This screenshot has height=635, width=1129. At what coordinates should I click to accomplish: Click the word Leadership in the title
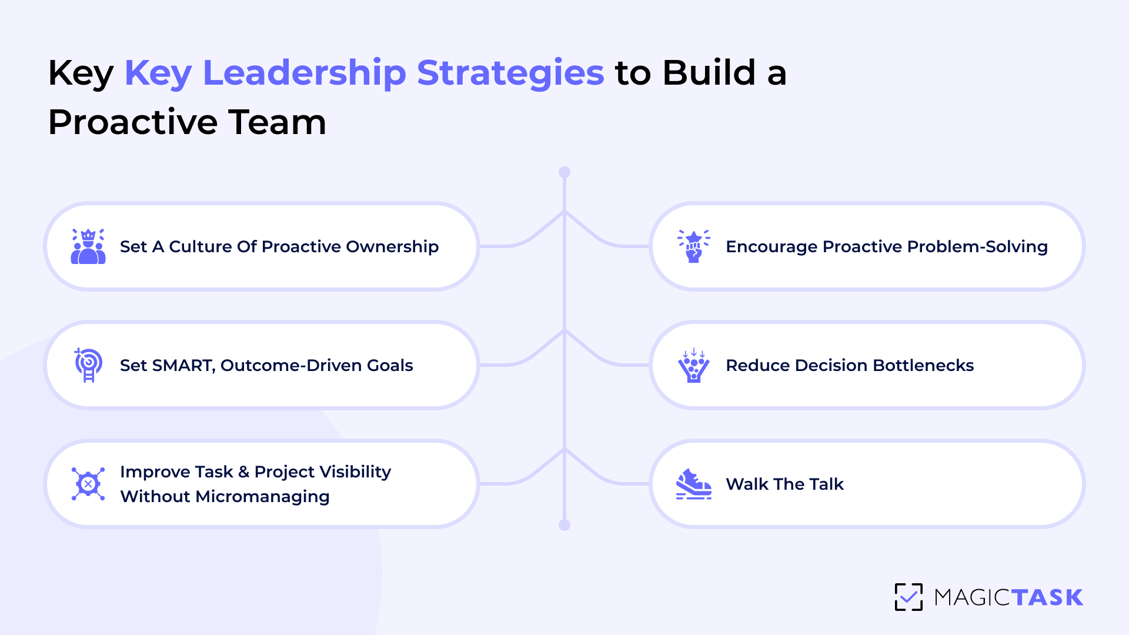point(304,73)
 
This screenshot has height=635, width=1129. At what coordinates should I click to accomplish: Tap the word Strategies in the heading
point(510,73)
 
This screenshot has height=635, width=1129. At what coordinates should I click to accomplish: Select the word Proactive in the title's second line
point(133,122)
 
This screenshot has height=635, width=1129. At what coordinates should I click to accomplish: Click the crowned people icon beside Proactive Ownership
point(88,246)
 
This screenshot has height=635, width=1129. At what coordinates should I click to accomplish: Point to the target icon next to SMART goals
point(88,365)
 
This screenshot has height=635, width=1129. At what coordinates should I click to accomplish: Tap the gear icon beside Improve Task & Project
point(88,484)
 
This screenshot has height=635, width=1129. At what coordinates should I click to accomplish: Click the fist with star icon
point(694,246)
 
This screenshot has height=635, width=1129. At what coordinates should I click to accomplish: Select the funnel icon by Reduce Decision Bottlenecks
point(694,365)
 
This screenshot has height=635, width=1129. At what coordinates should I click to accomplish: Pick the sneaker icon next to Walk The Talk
point(694,484)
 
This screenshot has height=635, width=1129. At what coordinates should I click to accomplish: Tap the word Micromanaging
point(262,497)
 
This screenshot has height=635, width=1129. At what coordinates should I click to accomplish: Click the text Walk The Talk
point(784,484)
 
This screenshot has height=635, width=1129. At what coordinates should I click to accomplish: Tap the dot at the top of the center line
point(564,172)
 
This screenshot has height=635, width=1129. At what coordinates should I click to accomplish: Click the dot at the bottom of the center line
point(564,525)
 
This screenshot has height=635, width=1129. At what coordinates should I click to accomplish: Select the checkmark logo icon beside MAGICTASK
point(908,597)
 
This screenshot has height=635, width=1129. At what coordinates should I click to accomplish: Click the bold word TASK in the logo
point(1047,597)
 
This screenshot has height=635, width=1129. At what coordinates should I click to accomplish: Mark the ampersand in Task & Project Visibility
point(244,472)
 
